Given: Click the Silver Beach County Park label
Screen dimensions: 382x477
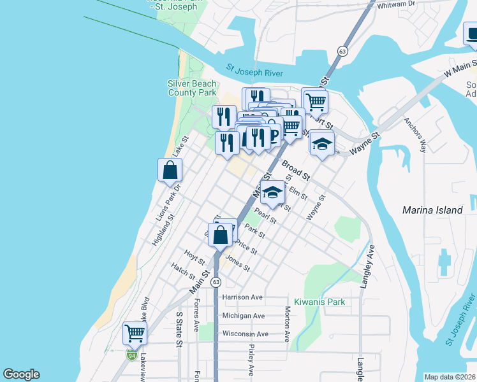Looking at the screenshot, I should click(x=192, y=88).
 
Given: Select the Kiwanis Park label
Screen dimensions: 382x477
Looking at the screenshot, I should click(x=319, y=301).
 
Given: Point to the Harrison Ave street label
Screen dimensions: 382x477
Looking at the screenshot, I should click(x=242, y=297).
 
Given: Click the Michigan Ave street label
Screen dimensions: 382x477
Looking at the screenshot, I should click(x=243, y=316).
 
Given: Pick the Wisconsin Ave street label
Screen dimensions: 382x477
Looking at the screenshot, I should click(x=245, y=334).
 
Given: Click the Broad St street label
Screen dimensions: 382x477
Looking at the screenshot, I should click(x=295, y=169).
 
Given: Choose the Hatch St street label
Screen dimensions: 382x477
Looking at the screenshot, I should click(x=183, y=272).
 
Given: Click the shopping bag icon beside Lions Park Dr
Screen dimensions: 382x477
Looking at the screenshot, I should click(x=170, y=171).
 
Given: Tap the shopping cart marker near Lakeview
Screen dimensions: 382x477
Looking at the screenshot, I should click(x=135, y=332).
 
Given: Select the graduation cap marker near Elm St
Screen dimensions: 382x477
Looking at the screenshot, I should click(x=272, y=192).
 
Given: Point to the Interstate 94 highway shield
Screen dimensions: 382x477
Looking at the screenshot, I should click(x=131, y=354).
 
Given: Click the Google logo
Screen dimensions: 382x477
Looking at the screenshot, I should click(x=22, y=374).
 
